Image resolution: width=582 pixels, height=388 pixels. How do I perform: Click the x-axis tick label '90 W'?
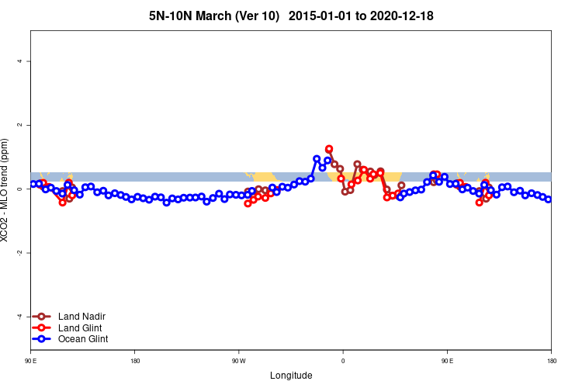(x=238, y=361)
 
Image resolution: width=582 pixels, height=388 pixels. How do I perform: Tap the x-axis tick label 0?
(x=343, y=361)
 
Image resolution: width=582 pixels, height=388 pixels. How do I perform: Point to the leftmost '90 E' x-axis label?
(x=31, y=361)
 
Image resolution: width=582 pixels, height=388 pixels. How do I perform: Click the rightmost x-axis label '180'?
(x=551, y=361)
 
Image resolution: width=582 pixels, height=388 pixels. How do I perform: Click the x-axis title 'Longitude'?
(x=291, y=376)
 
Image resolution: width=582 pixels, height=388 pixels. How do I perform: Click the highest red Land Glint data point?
(x=329, y=149)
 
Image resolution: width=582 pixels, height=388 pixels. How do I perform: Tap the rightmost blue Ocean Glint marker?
(x=549, y=199)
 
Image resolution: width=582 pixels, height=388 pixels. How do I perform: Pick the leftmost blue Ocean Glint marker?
(x=33, y=184)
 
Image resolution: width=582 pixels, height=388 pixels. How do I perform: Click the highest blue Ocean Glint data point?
(x=317, y=159)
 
